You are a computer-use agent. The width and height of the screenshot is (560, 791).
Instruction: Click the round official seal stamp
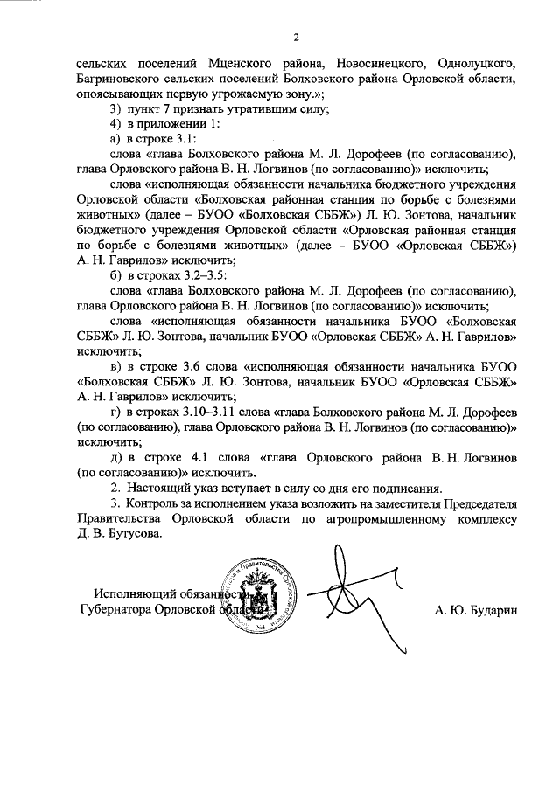pos(258,600)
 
